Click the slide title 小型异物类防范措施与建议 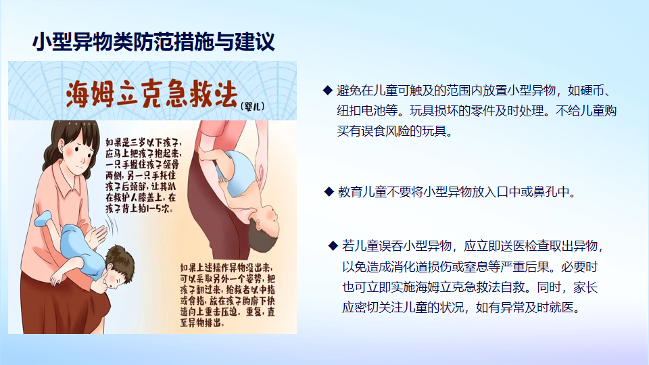(x=153, y=42)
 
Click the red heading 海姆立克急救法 (x=152, y=95)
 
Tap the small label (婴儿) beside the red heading (x=252, y=106)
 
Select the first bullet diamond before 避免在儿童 (x=328, y=90)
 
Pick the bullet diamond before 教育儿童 (x=329, y=191)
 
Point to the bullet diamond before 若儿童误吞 (x=333, y=246)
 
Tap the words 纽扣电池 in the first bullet (x=361, y=110)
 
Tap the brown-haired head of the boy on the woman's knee (x=119, y=266)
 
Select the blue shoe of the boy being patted (x=43, y=218)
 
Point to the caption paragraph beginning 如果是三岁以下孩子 (x=143, y=176)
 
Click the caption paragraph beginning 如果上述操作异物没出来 (x=227, y=295)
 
